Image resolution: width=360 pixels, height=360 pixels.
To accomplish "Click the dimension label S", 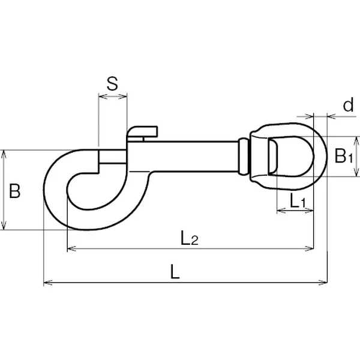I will (112, 83).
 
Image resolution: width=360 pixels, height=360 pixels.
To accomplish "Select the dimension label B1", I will (343, 157).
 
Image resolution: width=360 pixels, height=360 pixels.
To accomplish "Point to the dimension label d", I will (347, 106).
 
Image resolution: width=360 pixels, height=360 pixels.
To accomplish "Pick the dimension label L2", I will (190, 238).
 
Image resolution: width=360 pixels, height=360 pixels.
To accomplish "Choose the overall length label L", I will (175, 272).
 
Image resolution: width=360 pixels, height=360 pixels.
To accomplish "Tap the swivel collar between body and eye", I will (243, 157).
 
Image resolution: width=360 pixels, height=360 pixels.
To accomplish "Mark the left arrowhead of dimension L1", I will (280, 211).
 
